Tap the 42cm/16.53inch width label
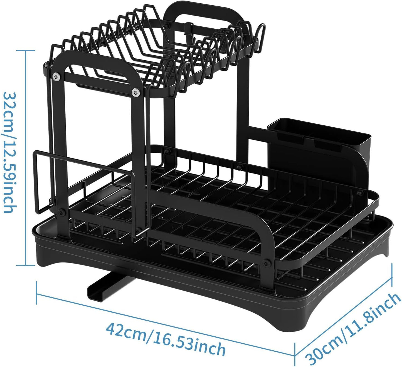[x=165, y=339]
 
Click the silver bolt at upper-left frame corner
[x=57, y=76]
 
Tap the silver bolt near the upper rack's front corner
[x=136, y=92]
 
